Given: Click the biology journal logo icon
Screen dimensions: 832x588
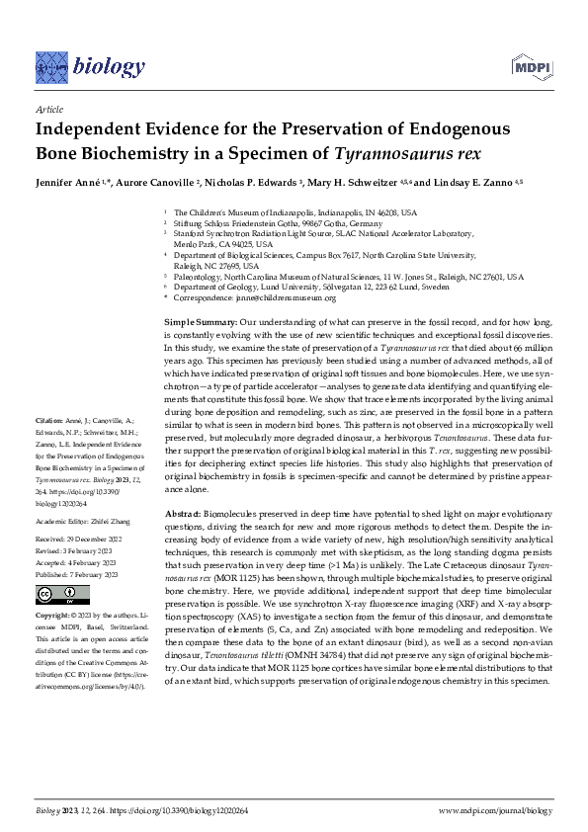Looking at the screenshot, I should pos(51,66).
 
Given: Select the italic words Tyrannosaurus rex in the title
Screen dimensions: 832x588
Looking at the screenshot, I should pos(401,153).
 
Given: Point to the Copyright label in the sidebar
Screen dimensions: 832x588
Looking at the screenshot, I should pos(54,613).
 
